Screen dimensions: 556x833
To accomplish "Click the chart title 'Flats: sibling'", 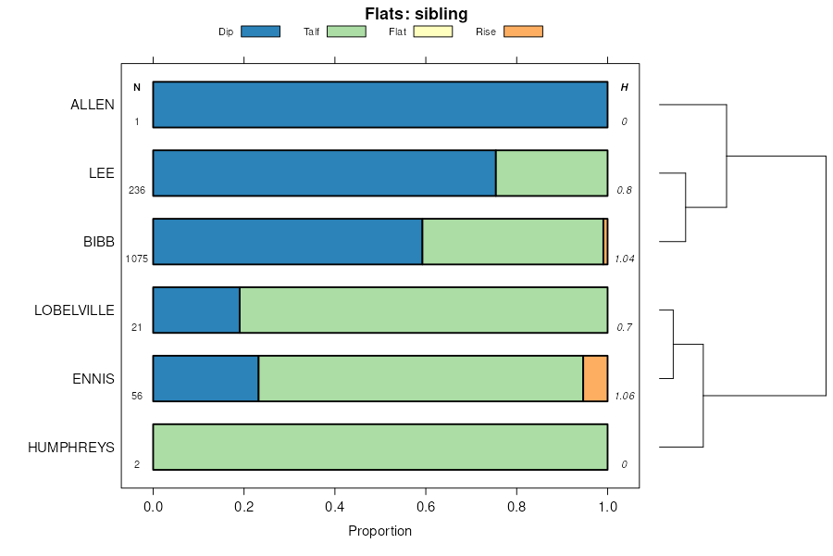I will (416, 14).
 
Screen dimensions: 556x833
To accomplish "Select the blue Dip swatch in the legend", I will (260, 32).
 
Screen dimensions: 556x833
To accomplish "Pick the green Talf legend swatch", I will (346, 32).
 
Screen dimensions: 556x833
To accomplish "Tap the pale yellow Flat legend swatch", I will (432, 32).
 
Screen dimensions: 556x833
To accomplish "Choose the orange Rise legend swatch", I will (523, 32).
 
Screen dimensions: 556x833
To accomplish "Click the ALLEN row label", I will (93, 105).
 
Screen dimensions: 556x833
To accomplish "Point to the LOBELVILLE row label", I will (74, 310).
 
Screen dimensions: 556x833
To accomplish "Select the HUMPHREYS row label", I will (71, 448).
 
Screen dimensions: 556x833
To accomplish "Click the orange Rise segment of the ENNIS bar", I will (595, 378).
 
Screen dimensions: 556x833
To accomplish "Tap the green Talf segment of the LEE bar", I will (552, 173).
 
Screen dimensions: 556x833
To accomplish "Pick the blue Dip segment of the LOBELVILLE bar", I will (196, 310).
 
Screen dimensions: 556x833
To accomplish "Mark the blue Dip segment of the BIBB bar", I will (287, 242).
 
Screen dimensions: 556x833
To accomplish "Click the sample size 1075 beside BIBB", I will (136, 259).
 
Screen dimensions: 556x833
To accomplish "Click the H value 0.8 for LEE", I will (624, 190).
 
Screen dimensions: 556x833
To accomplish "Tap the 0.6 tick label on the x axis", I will (426, 507).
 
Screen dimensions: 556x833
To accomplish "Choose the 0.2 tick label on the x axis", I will (243, 507).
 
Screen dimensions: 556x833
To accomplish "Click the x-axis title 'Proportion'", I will (379, 531).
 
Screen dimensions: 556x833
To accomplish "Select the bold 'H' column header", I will (624, 87).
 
